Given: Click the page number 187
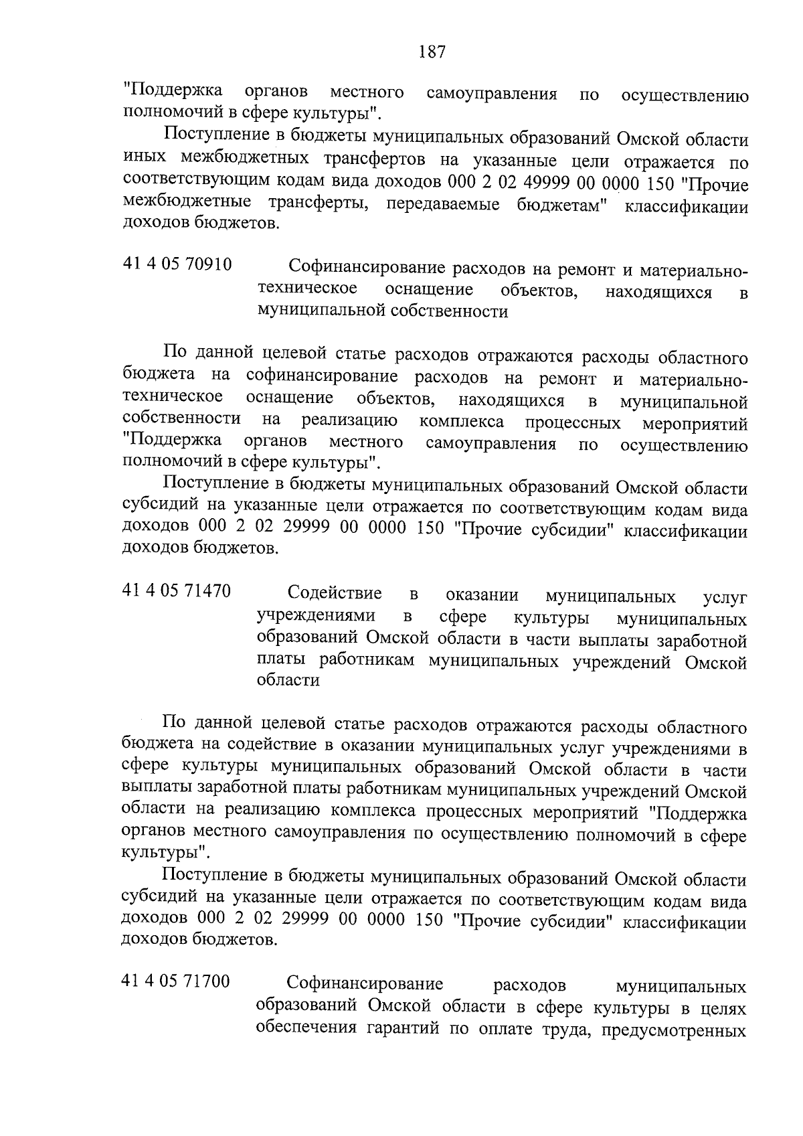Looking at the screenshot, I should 432,52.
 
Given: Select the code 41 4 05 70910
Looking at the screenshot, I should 177,265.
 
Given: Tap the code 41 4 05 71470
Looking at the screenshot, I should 177,592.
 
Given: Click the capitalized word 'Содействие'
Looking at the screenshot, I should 335,594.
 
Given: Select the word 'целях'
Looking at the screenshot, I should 722,1007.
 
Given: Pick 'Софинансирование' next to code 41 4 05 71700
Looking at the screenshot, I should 365,984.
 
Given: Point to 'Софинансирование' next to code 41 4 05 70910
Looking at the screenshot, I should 367,268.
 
